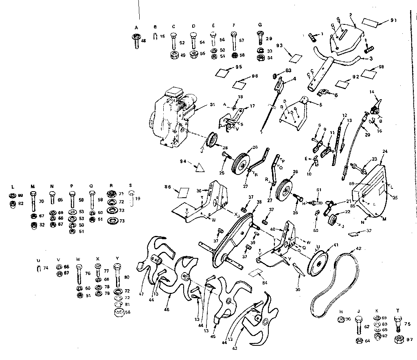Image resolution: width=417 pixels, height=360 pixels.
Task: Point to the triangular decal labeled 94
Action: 200,166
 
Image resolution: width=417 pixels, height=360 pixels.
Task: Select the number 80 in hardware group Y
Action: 127,277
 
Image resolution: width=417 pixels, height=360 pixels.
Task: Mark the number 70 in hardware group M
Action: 41,201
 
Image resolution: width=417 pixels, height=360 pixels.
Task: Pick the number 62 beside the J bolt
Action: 367,326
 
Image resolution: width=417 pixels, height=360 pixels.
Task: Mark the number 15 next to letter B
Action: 162,37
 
